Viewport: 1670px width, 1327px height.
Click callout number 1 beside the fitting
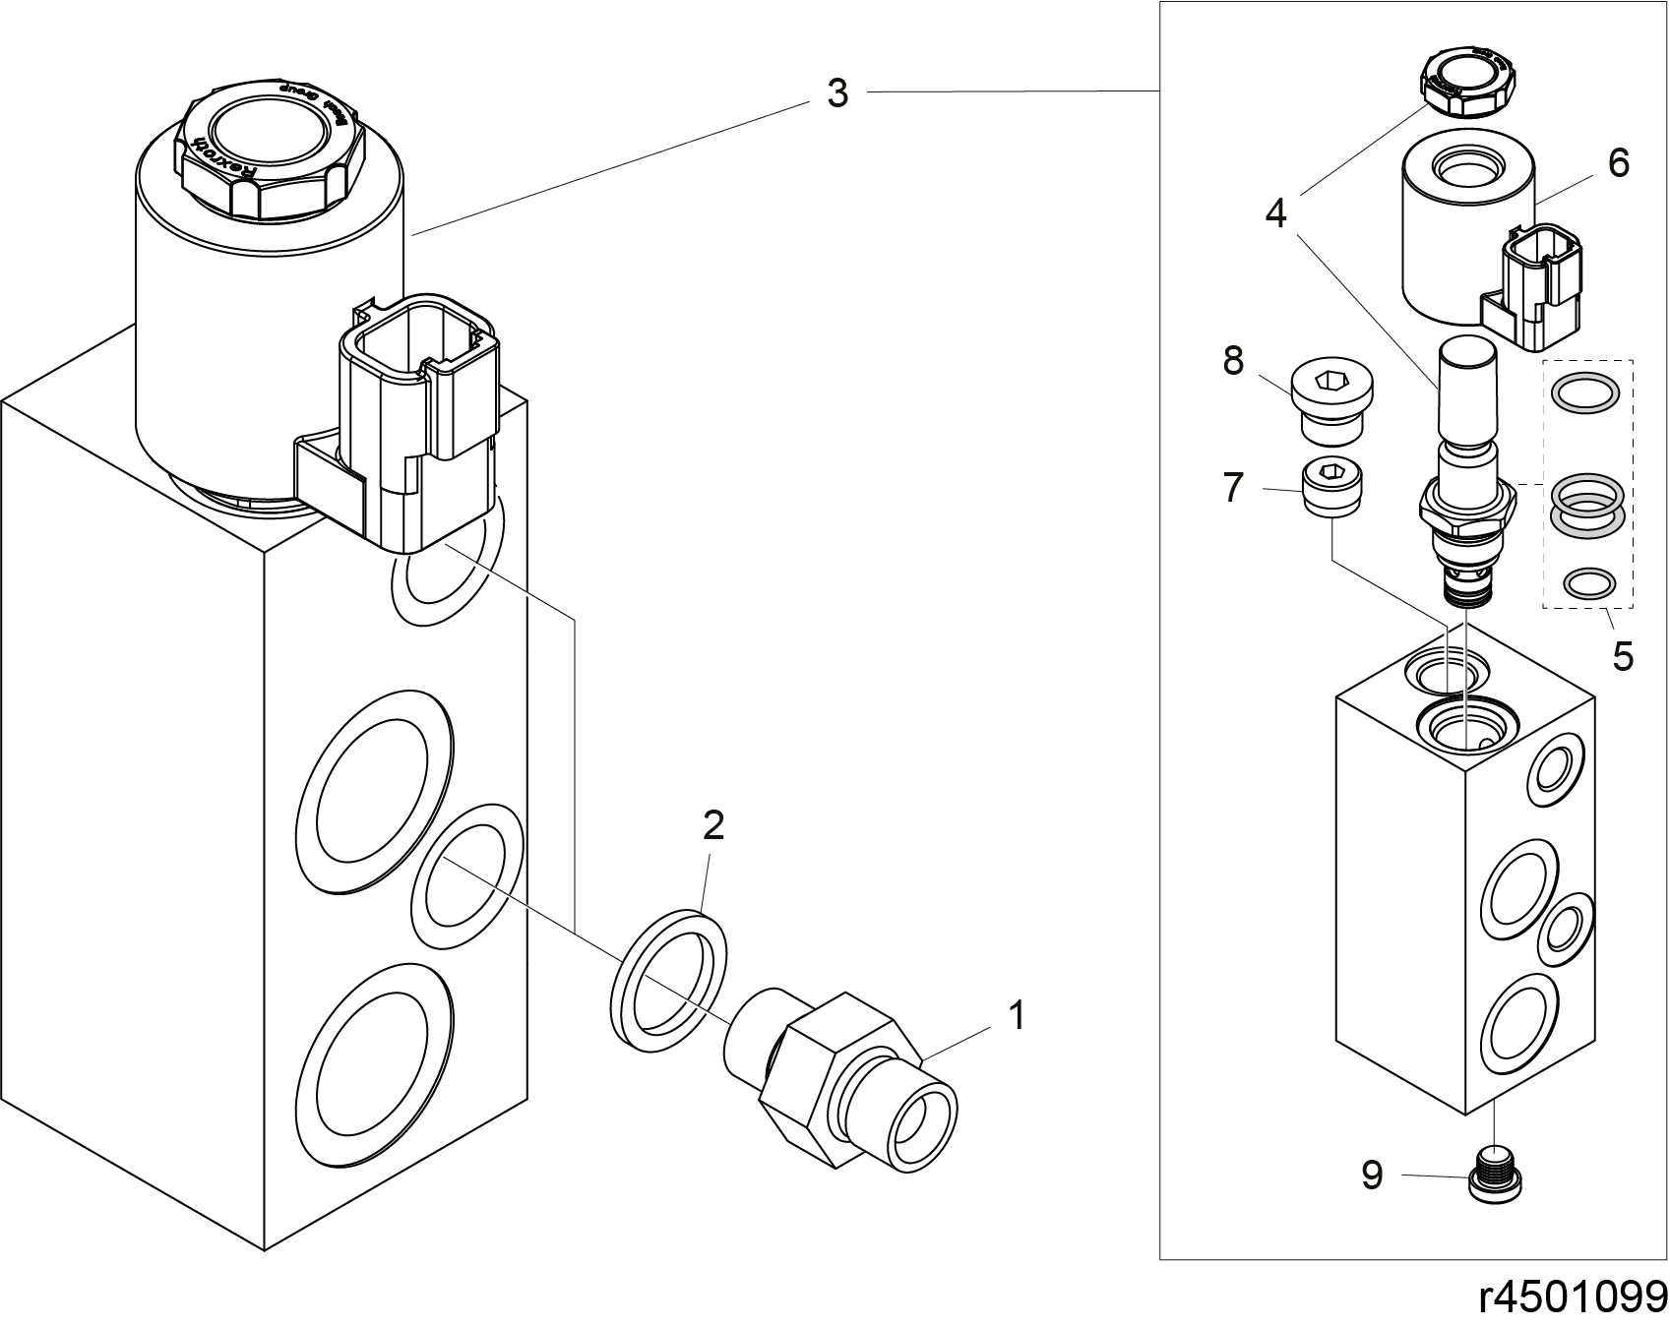tap(1018, 1015)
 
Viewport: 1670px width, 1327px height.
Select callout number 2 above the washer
tap(713, 825)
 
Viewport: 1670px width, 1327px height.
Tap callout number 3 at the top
tap(836, 93)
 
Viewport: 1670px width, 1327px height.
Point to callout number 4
tap(1276, 212)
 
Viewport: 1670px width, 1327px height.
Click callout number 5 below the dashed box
tap(1623, 655)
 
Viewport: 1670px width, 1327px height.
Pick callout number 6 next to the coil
tap(1619, 162)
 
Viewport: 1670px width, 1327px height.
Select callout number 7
tap(1234, 487)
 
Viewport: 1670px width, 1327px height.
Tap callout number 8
tap(1234, 361)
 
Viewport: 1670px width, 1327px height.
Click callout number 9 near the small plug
tap(1373, 1175)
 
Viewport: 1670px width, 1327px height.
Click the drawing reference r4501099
tap(1573, 1297)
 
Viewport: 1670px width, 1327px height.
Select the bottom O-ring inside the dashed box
tap(1588, 583)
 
